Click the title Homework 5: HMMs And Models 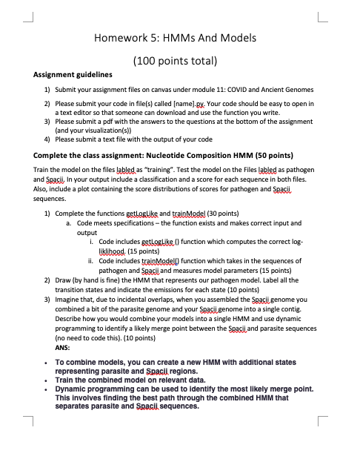(x=180, y=37)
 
